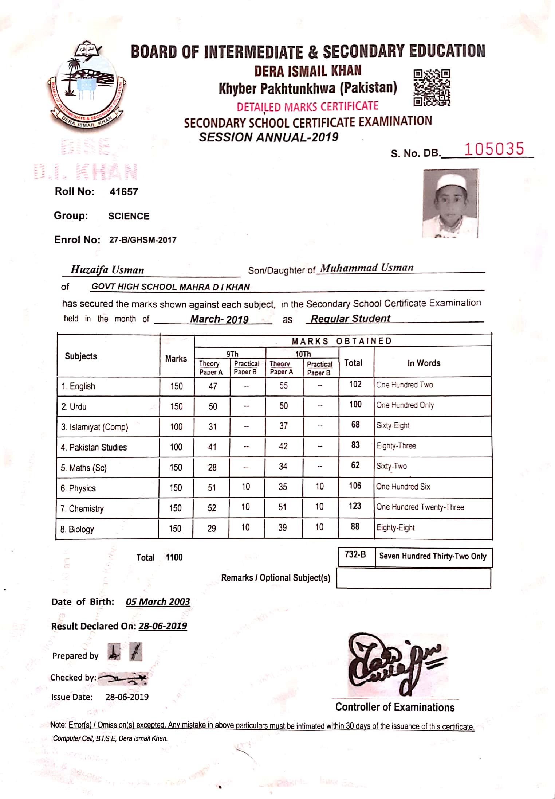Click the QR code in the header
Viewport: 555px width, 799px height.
point(432,87)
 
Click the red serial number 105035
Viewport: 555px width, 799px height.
point(494,149)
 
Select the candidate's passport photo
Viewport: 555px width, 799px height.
point(450,203)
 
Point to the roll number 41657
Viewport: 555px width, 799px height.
point(124,192)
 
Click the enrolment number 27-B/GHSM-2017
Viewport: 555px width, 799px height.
point(143,240)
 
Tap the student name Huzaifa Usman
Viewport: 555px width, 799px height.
point(107,270)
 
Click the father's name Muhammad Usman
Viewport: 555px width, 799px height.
point(367,268)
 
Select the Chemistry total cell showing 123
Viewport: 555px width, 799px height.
point(355,506)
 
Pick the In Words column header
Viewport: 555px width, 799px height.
point(424,363)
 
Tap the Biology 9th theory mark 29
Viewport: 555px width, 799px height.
point(212,529)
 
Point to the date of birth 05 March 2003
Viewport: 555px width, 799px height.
point(158,602)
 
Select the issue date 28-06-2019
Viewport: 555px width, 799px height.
point(127,697)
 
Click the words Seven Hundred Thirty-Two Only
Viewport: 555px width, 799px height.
point(433,556)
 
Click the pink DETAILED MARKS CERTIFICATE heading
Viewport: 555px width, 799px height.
point(307,107)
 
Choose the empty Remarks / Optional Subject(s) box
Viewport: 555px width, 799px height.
point(413,578)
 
